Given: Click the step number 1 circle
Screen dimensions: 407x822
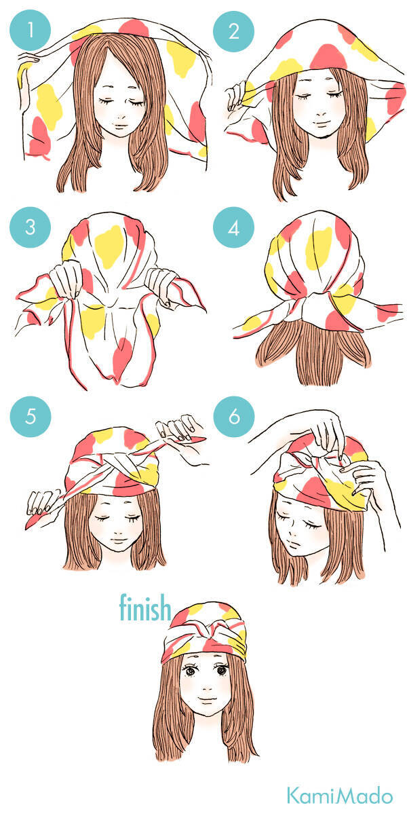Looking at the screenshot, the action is pyautogui.click(x=30, y=30).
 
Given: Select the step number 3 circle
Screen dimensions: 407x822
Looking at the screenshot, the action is pyautogui.click(x=30, y=227).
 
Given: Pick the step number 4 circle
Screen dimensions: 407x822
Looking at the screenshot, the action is pyautogui.click(x=233, y=227).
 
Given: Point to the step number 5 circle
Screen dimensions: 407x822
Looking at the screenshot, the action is pyautogui.click(x=31, y=417).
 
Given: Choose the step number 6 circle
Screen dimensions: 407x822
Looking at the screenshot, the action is pyautogui.click(x=234, y=417).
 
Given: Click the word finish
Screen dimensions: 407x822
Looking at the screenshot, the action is pyautogui.click(x=145, y=608).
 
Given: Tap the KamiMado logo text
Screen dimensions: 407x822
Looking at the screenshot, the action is pyautogui.click(x=340, y=795).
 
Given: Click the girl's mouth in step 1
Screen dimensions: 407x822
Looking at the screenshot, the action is pyautogui.click(x=120, y=126).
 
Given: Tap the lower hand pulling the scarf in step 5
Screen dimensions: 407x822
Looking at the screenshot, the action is pyautogui.click(x=41, y=502).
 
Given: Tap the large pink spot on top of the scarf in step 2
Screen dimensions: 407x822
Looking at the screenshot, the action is pyautogui.click(x=328, y=58).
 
